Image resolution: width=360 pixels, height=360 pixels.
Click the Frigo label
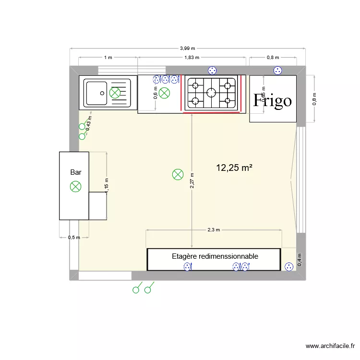coord(273,101)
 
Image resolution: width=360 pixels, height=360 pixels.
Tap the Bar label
coord(75,172)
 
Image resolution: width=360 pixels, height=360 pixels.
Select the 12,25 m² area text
coord(234,168)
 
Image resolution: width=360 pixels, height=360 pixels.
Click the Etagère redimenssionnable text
coord(215,256)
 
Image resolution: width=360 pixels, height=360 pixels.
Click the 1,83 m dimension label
coord(192,58)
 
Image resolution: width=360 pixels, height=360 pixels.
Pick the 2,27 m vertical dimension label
coord(192,183)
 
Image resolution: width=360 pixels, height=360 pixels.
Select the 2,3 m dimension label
coord(214,229)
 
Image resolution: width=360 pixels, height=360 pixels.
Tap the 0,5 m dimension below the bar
coord(74,237)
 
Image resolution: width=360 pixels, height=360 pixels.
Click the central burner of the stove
coord(211,93)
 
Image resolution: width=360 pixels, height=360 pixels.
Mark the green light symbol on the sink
coord(115,93)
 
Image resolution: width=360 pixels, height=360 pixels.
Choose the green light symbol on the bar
coord(75,186)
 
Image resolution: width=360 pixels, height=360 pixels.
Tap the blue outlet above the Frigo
coord(277,71)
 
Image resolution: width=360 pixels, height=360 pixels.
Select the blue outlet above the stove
coord(211,71)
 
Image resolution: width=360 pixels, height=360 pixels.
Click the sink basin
coord(96,93)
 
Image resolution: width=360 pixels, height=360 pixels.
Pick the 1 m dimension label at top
coord(108,58)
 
